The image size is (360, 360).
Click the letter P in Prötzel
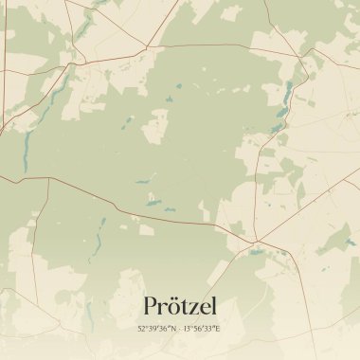(x=150, y=307)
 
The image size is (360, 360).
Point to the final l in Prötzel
(x=213, y=306)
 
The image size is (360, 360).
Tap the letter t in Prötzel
(x=184, y=308)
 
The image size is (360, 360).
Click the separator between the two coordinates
(x=179, y=328)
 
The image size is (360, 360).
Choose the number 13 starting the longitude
(x=187, y=328)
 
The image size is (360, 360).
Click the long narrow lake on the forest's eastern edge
(x=289, y=93)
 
